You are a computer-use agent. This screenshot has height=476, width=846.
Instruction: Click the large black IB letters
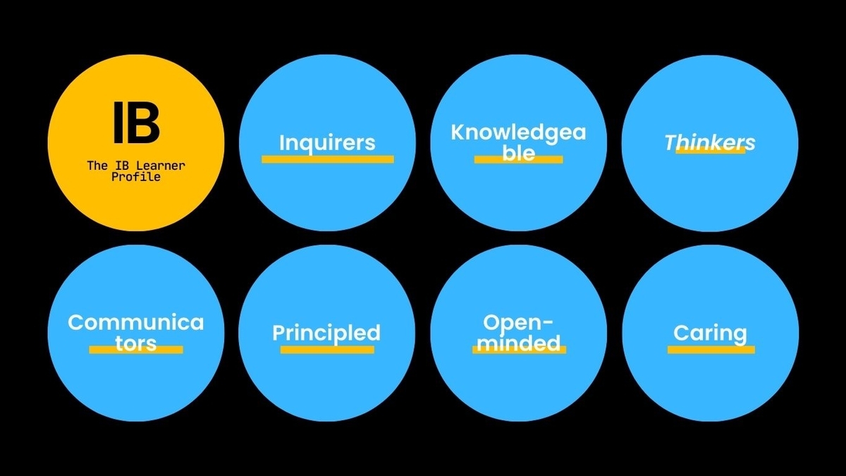point(136,123)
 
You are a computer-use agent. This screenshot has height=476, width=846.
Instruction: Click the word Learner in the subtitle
point(161,166)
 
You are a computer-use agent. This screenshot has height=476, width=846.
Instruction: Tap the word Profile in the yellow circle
point(136,177)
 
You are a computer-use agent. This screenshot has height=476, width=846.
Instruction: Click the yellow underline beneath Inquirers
point(327,159)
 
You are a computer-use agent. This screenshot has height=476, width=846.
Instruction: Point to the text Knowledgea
point(519,133)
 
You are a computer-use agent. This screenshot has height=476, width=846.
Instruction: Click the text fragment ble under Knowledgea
point(519,152)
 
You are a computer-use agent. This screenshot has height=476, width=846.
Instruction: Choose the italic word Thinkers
point(710,142)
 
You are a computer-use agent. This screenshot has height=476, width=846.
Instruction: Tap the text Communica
point(136,323)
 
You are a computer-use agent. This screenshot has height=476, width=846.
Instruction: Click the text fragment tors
point(136,343)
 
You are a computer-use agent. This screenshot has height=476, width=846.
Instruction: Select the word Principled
point(326,334)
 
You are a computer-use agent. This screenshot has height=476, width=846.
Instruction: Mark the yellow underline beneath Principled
point(327,350)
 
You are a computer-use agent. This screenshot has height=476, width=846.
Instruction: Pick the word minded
point(519,343)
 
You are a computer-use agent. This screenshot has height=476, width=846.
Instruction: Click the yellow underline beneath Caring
point(711,350)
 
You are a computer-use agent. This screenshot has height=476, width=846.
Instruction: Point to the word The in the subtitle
point(97,166)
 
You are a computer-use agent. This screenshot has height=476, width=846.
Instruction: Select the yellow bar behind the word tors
point(136,350)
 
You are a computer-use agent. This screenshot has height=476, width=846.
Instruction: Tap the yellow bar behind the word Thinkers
point(711,150)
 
